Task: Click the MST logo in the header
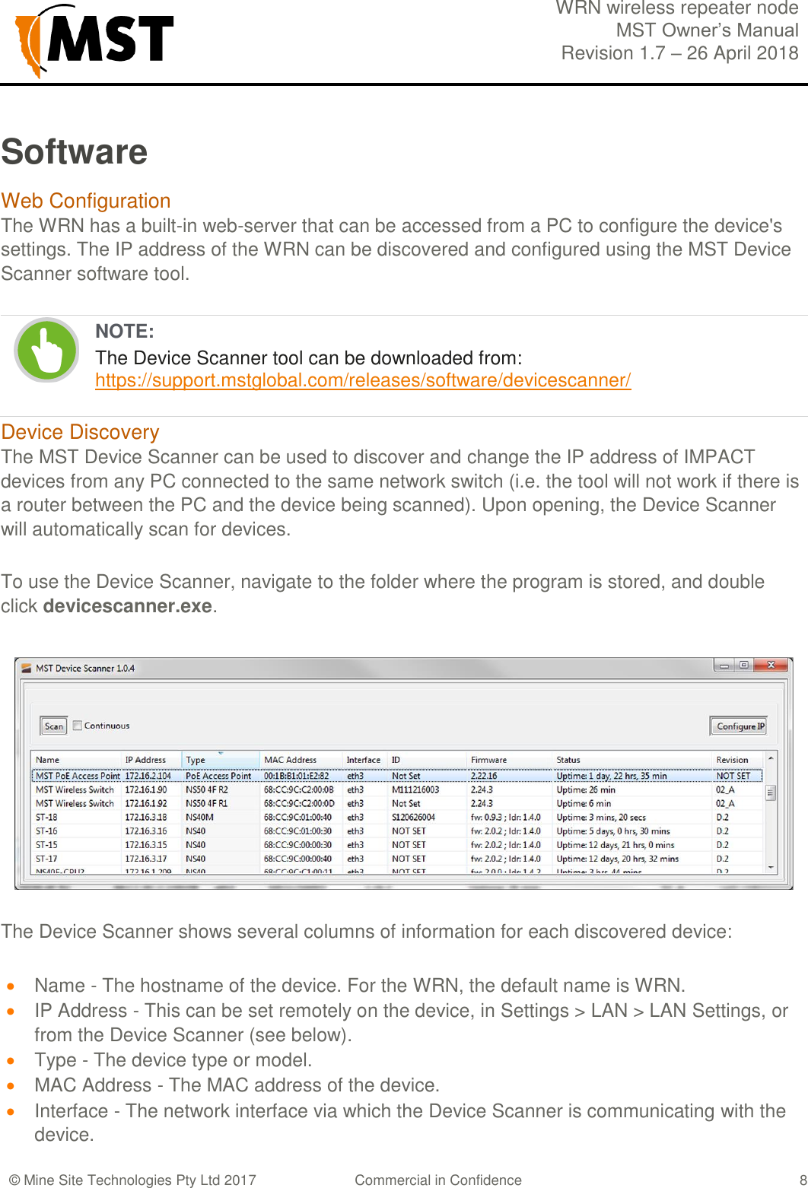[94, 40]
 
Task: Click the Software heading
[74, 151]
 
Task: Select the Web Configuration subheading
[86, 201]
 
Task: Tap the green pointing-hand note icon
[47, 350]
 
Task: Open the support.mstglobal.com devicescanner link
[363, 380]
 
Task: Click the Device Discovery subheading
[80, 432]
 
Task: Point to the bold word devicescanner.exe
[127, 606]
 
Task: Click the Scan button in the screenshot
[54, 726]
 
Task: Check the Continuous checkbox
[78, 726]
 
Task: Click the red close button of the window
[771, 665]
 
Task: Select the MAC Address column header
[290, 760]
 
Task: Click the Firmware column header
[488, 760]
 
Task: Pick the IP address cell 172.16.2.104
[148, 776]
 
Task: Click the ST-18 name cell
[47, 817]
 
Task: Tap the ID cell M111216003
[415, 789]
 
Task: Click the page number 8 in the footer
[803, 1180]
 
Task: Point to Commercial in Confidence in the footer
[438, 1180]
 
